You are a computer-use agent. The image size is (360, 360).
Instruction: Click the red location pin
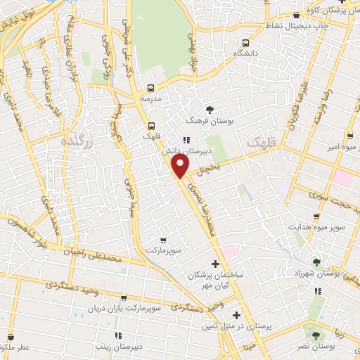click(x=181, y=166)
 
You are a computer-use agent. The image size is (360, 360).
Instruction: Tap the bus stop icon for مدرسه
click(x=150, y=89)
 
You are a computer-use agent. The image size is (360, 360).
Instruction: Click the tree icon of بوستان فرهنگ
click(x=210, y=108)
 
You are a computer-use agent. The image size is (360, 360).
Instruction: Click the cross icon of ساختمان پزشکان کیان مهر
click(x=205, y=262)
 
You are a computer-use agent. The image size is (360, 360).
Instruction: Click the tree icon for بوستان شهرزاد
click(x=317, y=262)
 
